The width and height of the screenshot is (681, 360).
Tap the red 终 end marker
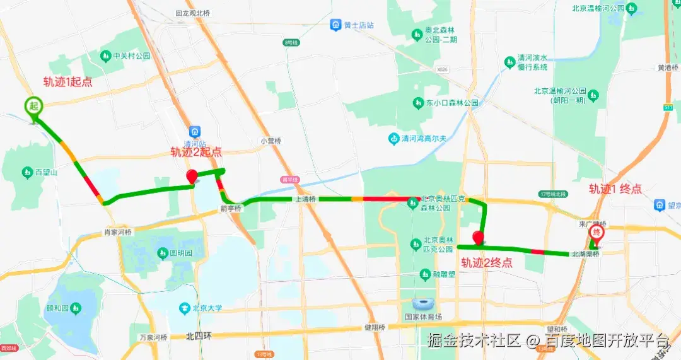point(596,233)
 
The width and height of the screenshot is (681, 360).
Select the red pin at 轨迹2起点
point(192,176)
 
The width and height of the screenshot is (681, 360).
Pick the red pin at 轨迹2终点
point(478,238)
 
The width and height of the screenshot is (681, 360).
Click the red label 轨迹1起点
point(67,81)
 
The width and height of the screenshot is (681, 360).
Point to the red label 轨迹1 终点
point(615,189)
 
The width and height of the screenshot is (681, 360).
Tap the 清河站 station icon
point(195,132)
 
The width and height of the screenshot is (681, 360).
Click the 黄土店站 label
point(358,25)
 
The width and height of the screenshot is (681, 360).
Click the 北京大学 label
point(207,308)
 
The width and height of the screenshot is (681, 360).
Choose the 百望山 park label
point(46,172)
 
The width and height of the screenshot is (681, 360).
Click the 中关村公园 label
point(131,56)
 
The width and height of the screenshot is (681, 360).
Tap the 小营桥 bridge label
point(270,141)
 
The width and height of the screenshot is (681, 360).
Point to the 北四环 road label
point(199,336)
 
